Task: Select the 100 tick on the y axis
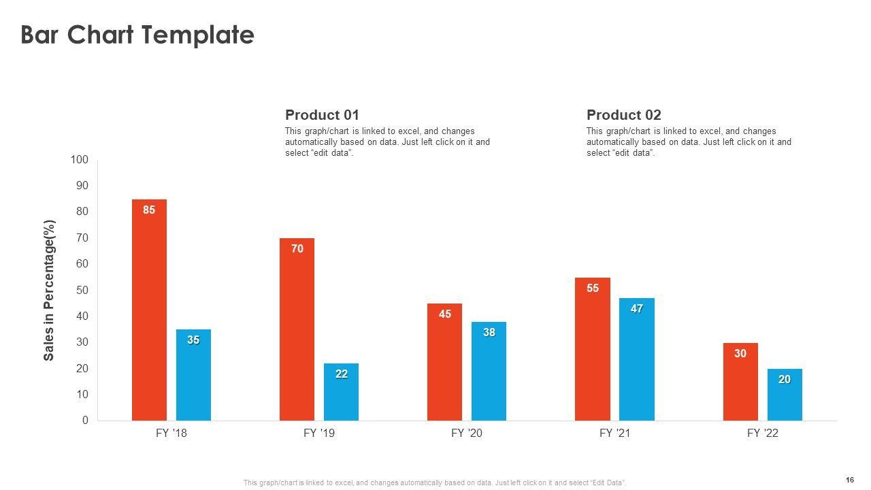coord(80,160)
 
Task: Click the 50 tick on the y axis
coord(82,291)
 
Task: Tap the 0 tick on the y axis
coord(85,421)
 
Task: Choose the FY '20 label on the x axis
coord(466,434)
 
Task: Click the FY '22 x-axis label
coord(762,434)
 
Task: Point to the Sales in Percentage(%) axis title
coord(49,291)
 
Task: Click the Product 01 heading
coord(322,115)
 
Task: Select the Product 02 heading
coord(623,115)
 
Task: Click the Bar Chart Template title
coord(137,35)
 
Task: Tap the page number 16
coord(850,480)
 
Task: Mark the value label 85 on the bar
coord(149,210)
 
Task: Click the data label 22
coord(341,374)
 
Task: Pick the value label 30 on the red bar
coord(740,354)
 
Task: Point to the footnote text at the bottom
coord(435,483)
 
